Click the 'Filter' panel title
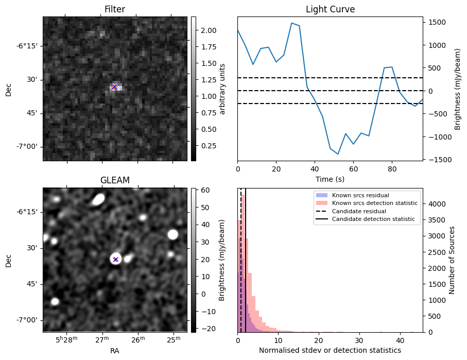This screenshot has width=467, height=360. click(x=114, y=9)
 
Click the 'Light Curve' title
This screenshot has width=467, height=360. click(x=330, y=9)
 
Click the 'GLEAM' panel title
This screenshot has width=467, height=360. click(x=114, y=180)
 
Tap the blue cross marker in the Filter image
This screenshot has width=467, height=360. click(x=114, y=87)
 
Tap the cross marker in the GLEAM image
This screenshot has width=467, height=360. click(x=115, y=259)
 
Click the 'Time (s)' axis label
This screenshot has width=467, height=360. click(x=330, y=179)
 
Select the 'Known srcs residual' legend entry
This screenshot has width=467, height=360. click(x=360, y=196)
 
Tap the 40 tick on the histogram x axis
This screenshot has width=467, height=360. click(x=400, y=340)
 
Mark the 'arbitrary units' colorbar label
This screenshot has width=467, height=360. click(x=222, y=89)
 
